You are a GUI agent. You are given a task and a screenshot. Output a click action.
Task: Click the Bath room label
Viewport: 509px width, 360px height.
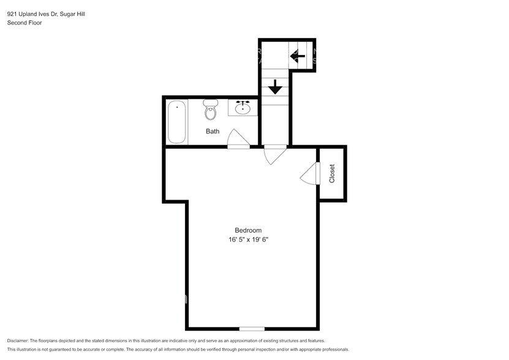213,131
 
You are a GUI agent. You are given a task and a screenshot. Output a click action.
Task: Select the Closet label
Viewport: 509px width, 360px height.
332,173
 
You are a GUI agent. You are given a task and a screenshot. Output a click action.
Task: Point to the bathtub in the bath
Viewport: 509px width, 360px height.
177,122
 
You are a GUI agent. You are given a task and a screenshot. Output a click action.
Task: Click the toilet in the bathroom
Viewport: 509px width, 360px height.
211,111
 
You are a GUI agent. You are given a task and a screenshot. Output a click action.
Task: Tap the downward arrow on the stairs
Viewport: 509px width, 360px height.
275,86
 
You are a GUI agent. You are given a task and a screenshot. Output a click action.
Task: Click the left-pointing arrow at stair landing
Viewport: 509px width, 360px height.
298,58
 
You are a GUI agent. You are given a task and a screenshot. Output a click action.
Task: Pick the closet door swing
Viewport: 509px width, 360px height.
309,174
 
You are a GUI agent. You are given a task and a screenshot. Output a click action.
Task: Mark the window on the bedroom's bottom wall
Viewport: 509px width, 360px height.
252,329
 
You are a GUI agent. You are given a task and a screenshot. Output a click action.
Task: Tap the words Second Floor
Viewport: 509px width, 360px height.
23,23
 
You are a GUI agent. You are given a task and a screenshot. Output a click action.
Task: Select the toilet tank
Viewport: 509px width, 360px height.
211,103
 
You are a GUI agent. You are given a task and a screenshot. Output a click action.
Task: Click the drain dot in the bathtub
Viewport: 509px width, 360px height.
177,107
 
